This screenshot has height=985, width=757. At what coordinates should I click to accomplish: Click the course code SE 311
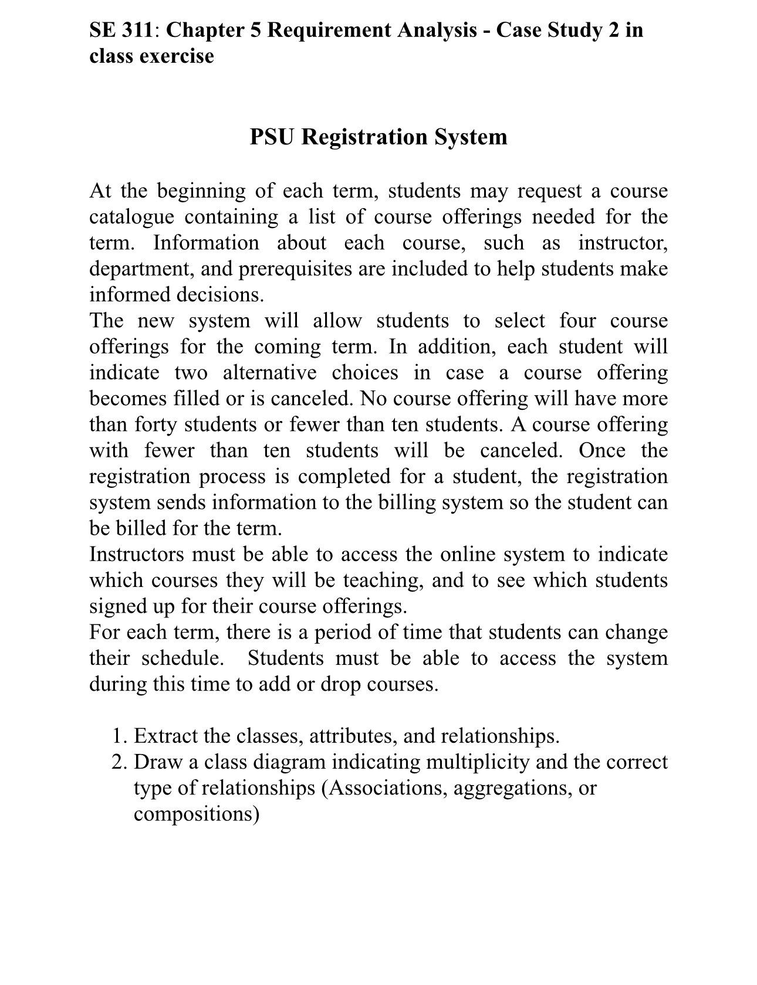tap(121, 30)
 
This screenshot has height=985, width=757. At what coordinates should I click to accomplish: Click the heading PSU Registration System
tap(378, 137)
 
